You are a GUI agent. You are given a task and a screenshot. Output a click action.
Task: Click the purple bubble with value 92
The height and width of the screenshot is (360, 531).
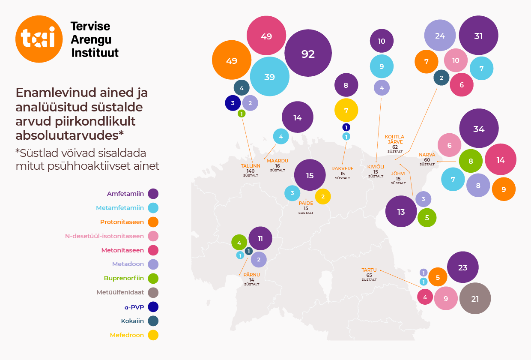[x=308, y=54]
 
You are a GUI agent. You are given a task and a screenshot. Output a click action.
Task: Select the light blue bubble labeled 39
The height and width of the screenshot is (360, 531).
[x=270, y=77]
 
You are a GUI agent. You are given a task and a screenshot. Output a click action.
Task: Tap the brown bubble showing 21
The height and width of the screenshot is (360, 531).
[x=475, y=299]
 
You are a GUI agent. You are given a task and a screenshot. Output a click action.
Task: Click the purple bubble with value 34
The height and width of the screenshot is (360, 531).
[x=479, y=129]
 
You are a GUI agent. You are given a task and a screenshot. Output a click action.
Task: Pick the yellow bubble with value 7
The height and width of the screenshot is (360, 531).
[x=346, y=110]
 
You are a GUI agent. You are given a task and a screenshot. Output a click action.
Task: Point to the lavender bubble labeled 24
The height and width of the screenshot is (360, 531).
[x=440, y=36]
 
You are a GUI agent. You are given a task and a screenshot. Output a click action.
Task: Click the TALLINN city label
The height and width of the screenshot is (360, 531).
[x=251, y=166]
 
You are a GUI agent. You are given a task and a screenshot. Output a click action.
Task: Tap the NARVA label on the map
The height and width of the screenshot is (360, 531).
[x=427, y=155]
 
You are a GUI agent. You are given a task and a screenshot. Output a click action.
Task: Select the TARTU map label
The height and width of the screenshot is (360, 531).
[x=369, y=270]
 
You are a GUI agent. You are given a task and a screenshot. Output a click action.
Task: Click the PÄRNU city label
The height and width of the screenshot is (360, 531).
[x=252, y=275]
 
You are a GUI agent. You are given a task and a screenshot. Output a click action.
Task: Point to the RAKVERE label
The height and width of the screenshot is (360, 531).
[x=343, y=168]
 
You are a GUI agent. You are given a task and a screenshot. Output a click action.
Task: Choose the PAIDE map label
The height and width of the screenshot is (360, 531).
[x=306, y=203]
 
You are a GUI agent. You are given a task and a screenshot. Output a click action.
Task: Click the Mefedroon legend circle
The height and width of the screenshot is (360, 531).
[x=153, y=335]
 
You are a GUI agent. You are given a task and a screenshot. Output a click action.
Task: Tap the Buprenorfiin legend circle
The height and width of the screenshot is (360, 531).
[x=153, y=279]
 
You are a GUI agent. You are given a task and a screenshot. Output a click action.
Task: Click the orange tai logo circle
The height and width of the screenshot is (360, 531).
[x=39, y=39]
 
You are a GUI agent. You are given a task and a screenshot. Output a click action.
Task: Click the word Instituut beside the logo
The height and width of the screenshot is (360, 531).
[x=95, y=53]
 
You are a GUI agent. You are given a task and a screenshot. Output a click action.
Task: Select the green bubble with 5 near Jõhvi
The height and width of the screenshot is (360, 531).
[x=427, y=217]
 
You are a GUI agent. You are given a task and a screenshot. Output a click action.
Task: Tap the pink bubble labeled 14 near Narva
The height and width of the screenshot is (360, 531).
[x=500, y=160]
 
